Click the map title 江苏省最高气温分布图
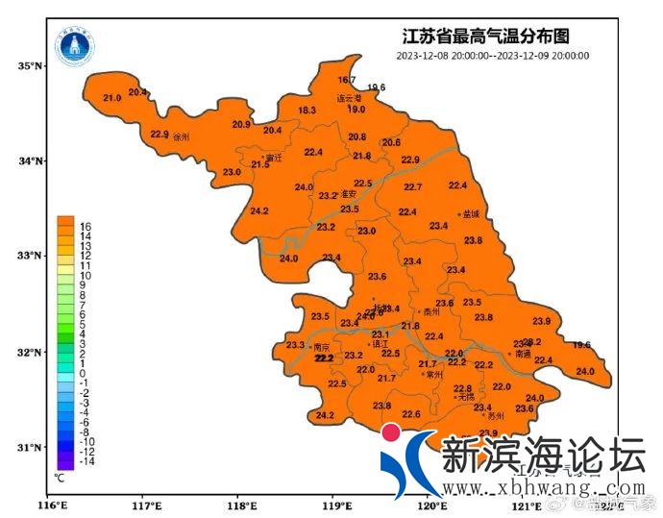click(x=485, y=37)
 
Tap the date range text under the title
click(x=492, y=56)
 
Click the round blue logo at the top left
click(x=74, y=45)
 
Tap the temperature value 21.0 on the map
click(x=112, y=98)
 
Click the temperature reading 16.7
click(x=347, y=80)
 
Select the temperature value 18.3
click(x=307, y=111)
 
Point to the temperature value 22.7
click(x=413, y=186)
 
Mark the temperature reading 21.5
click(x=260, y=165)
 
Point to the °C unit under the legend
click(x=60, y=476)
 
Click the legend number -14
click(x=85, y=461)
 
